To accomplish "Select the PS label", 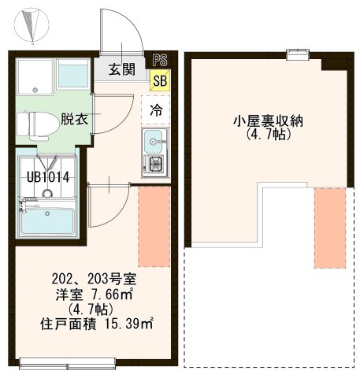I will pos(161,59).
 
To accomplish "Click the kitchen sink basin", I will pos(153,143).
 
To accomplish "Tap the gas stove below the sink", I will pos(154,166).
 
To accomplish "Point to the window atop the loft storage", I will pos(297,54).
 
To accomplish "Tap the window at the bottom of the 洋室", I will pos(69,362).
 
